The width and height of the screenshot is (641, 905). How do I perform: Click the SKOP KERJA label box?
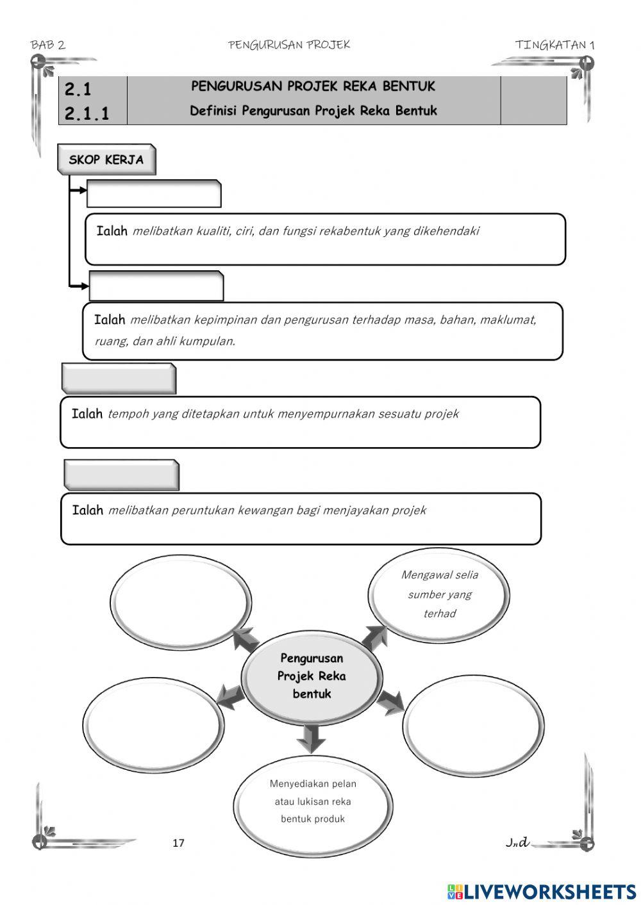106,159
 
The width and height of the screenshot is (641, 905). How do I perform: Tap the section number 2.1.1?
87,114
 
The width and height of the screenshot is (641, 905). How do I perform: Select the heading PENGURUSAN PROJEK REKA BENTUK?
313,86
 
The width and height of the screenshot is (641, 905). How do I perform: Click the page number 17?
178,843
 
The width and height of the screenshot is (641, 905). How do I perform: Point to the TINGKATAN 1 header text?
554,45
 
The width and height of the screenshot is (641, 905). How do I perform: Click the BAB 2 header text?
48,45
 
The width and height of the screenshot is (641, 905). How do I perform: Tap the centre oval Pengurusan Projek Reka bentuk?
312,676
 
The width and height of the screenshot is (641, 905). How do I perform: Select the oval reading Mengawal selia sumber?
440,594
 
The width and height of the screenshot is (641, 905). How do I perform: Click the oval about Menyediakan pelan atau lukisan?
313,801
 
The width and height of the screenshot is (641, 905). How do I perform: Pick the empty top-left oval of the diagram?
180,601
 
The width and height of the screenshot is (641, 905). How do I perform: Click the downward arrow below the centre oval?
312,738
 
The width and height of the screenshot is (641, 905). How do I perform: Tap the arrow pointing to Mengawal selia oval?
374,638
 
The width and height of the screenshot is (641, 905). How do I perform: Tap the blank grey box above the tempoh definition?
119,379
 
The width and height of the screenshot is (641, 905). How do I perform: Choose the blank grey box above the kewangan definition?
121,475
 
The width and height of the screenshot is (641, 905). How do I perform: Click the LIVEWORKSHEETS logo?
542,892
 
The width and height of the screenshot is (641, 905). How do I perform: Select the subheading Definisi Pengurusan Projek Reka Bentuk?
313,111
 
